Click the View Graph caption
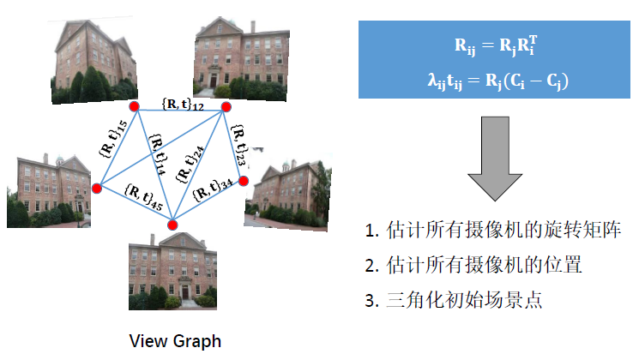pos(175,340)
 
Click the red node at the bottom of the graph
pos(172,225)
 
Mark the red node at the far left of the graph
pos(97,189)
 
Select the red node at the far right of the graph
pos(244,181)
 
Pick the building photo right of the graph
pos(282,193)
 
